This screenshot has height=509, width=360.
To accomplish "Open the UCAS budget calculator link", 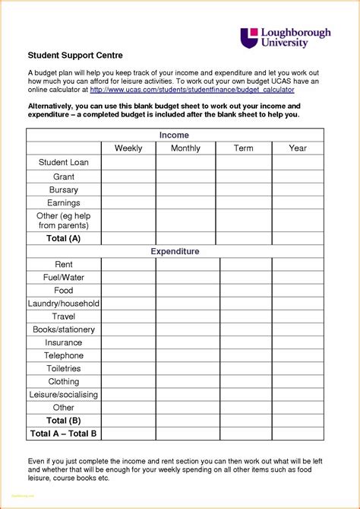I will (x=192, y=90).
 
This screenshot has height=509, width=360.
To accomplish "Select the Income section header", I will (x=175, y=135).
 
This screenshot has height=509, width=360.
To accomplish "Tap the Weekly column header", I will (x=128, y=148).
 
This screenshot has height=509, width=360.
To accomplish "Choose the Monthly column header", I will (x=186, y=148).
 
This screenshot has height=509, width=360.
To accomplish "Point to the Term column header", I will (x=244, y=148).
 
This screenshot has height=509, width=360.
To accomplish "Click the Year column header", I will (x=298, y=148).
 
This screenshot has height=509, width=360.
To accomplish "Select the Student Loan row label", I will (x=64, y=163).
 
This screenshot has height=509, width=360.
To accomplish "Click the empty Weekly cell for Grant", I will (x=128, y=177).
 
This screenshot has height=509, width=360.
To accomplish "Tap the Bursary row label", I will (x=64, y=189).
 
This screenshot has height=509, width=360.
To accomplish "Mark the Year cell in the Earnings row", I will (x=298, y=203).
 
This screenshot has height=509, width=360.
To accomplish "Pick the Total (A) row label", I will (x=64, y=238).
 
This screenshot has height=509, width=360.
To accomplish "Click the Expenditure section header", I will (x=175, y=251).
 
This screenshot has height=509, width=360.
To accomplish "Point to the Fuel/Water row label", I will (x=64, y=278).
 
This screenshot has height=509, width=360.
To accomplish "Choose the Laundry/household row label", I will (x=64, y=304).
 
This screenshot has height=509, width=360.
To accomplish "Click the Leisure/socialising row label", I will (x=64, y=394).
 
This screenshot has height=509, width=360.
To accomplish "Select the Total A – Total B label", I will (x=64, y=434).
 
